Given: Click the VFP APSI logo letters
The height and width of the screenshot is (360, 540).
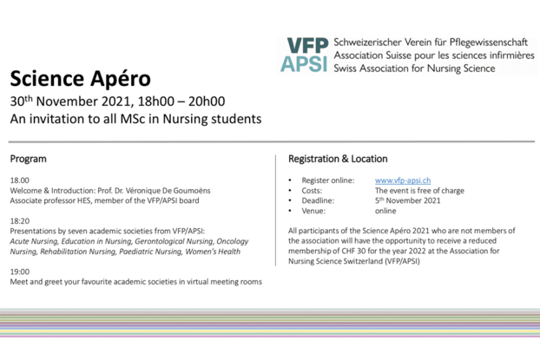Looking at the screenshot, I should (305, 55).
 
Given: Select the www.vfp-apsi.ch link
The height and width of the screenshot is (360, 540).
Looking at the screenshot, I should (403, 180).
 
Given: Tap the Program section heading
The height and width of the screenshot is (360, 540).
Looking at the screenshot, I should (29, 160).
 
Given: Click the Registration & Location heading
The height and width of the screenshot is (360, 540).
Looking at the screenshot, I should (338, 160).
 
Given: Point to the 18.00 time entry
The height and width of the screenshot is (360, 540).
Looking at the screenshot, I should (19, 180).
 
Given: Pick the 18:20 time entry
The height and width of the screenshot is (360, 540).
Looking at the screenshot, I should (19, 221).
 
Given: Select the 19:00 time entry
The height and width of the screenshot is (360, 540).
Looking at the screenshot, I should (19, 272).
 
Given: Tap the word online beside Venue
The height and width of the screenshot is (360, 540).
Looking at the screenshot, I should (385, 211).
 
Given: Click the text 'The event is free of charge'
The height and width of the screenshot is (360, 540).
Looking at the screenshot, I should (419, 191).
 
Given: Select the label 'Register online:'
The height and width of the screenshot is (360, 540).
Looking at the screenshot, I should (328, 180).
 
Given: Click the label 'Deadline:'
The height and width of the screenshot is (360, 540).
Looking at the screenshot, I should (319, 200).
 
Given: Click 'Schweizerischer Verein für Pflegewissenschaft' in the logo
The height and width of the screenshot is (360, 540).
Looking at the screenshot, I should (425, 42).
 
